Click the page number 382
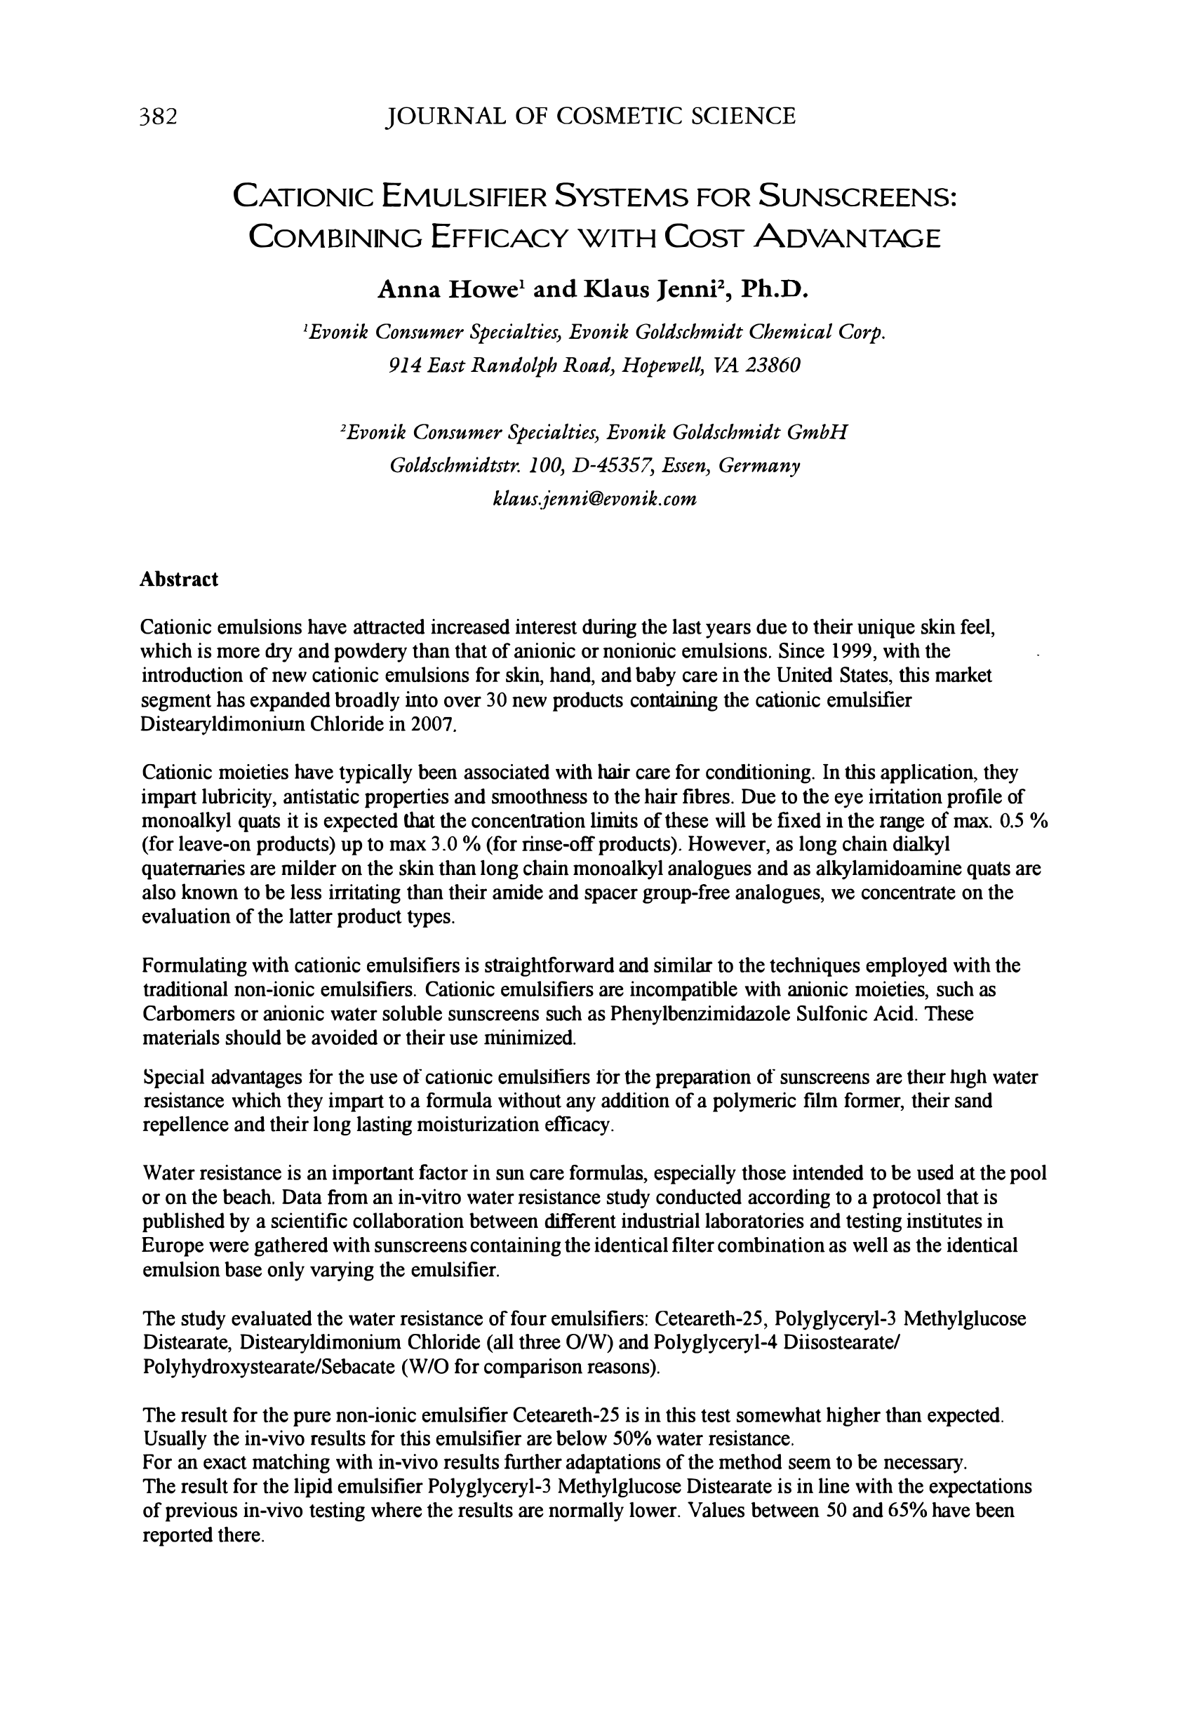pyautogui.click(x=158, y=117)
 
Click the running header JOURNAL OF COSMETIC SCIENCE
pyautogui.click(x=591, y=116)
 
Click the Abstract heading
pyautogui.click(x=179, y=580)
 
